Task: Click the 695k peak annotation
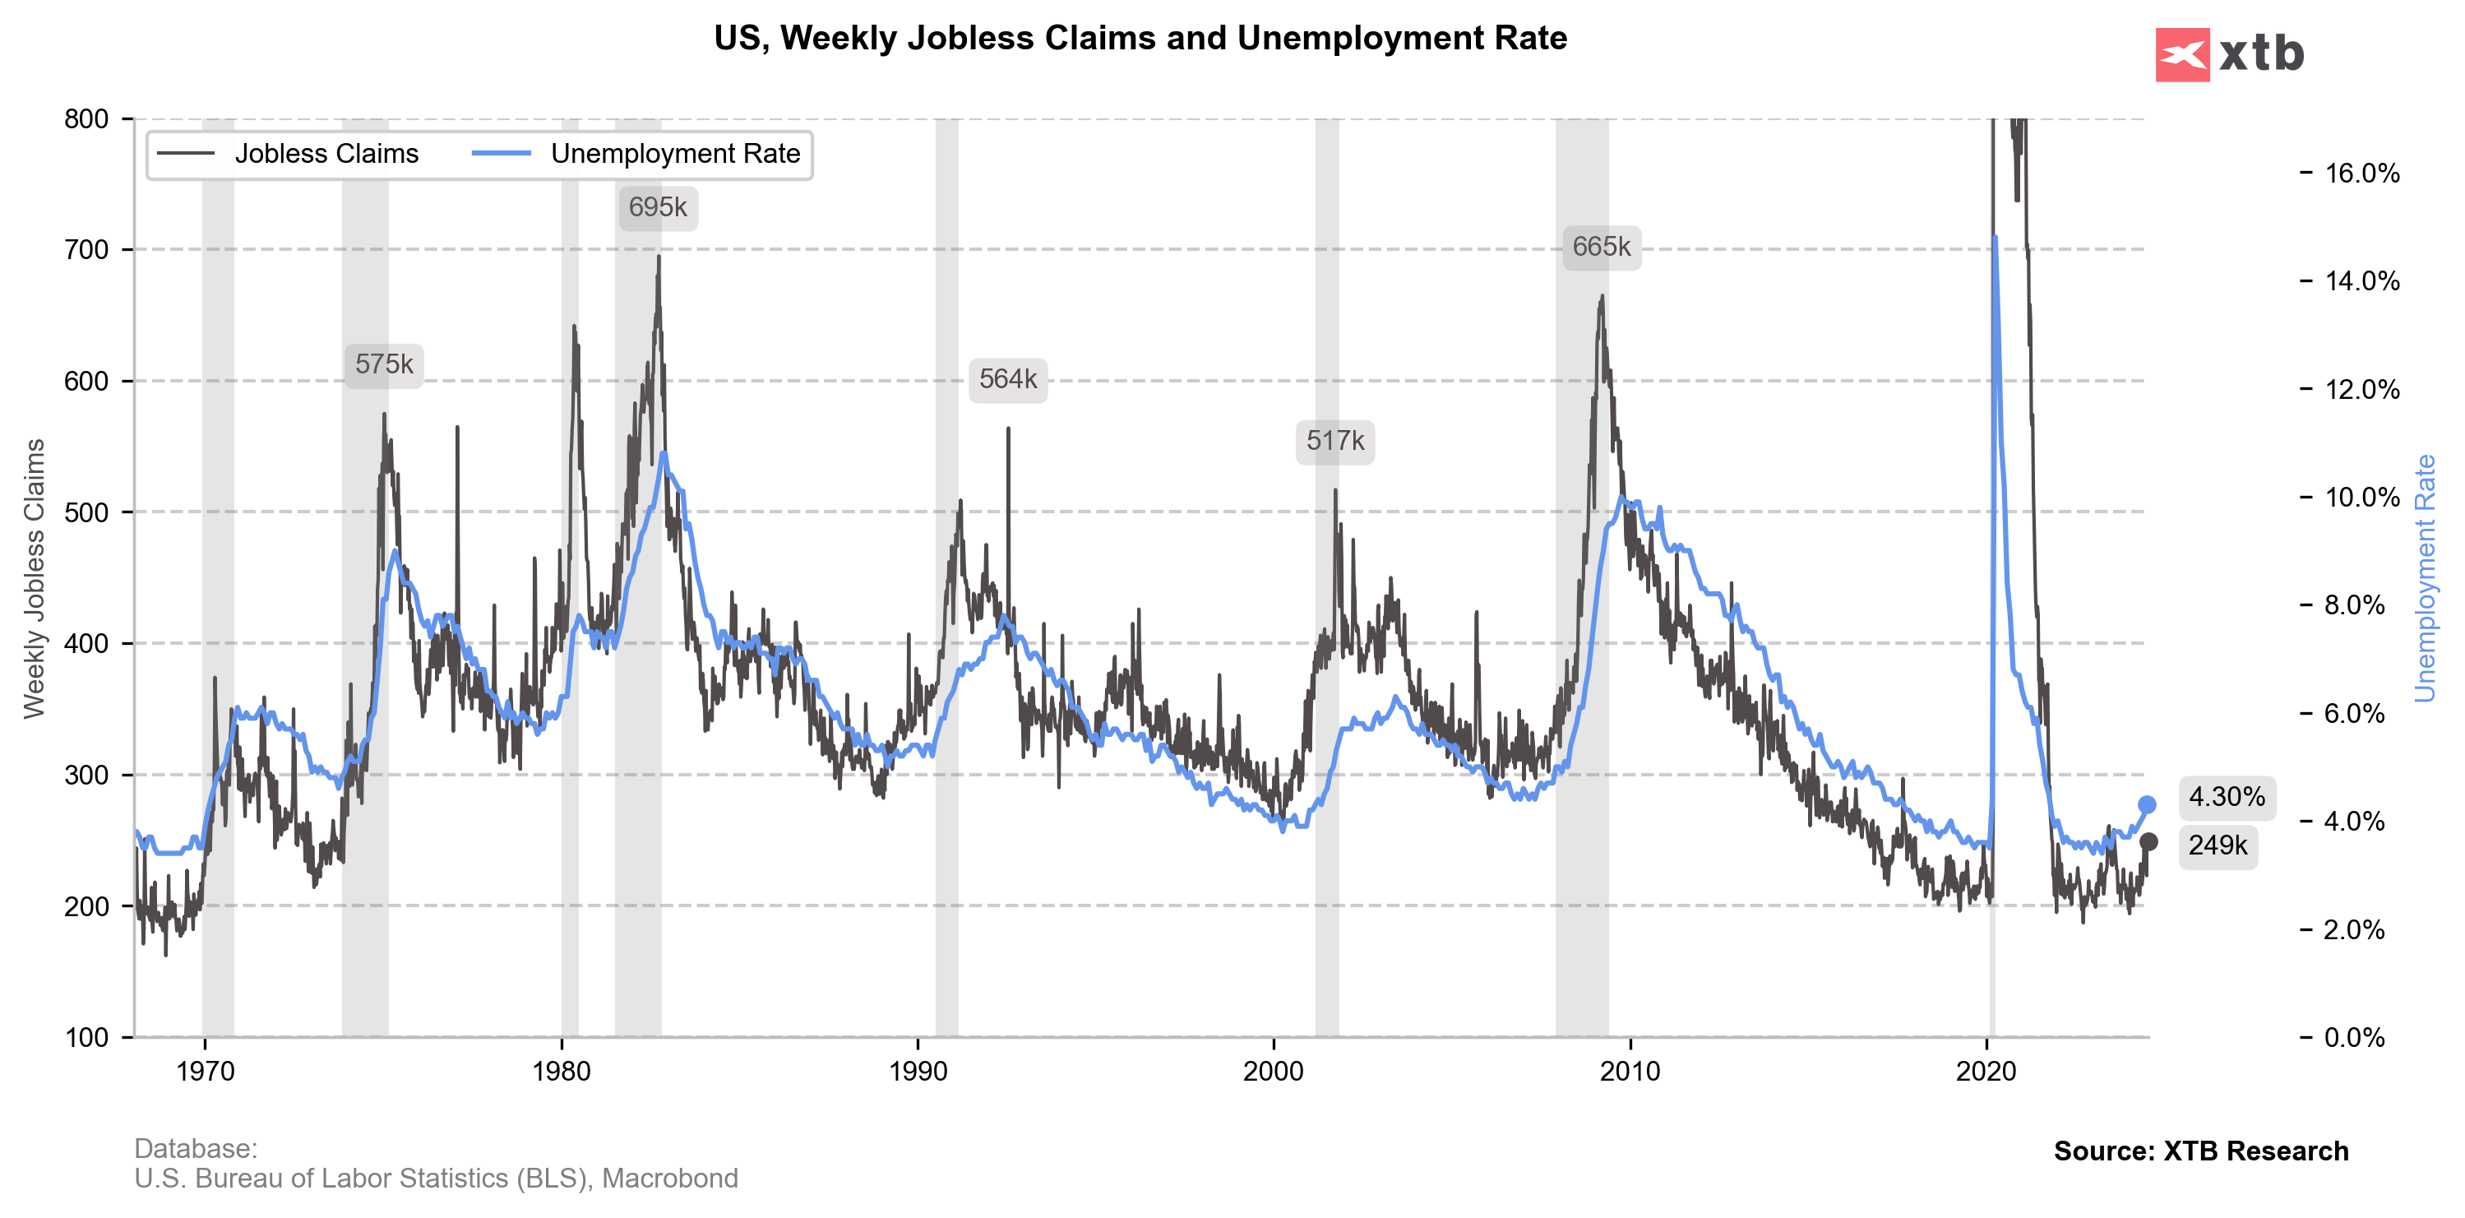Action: click(x=658, y=207)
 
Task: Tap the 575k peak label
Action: click(x=384, y=364)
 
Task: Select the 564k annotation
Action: click(x=1008, y=380)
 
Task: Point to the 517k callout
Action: click(x=1335, y=441)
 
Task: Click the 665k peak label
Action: click(x=1601, y=247)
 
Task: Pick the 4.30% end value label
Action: click(x=2226, y=797)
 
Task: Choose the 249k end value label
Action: click(x=2218, y=845)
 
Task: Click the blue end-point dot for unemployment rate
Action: click(x=2148, y=804)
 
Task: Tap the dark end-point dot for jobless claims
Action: click(x=2148, y=842)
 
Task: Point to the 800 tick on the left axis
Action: click(x=86, y=118)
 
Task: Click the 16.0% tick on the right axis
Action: click(x=2361, y=174)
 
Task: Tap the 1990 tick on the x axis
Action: click(x=918, y=1071)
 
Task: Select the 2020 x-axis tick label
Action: click(x=1986, y=1071)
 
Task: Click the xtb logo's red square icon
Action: click(x=2183, y=54)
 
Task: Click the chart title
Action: click(x=1140, y=39)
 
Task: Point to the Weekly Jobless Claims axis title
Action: click(x=35, y=578)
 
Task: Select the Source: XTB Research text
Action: click(x=2200, y=1151)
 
